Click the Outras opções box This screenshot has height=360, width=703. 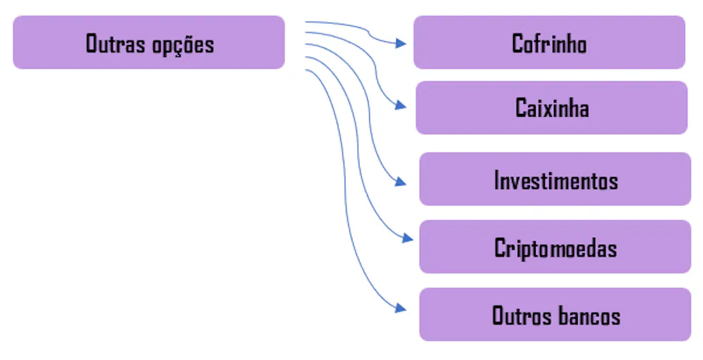click(x=148, y=42)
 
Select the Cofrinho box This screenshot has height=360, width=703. click(x=549, y=42)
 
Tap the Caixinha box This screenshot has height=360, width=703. click(x=551, y=108)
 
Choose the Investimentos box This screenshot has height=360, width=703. click(x=555, y=179)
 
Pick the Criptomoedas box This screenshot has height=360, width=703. click(x=555, y=247)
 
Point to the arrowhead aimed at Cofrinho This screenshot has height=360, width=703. click(x=401, y=44)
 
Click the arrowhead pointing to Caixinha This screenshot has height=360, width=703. click(x=401, y=105)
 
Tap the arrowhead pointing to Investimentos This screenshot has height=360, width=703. click(x=401, y=183)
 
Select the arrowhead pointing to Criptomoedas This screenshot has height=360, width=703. click(x=408, y=238)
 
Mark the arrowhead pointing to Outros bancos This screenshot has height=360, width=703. click(x=401, y=308)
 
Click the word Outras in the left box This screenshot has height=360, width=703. click(x=116, y=44)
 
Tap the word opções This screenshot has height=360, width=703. click(x=183, y=45)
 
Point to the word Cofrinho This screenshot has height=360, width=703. click(x=549, y=44)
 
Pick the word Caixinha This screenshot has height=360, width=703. click(x=552, y=108)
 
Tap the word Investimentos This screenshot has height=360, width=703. click(x=556, y=180)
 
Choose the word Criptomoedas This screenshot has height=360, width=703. click(x=555, y=248)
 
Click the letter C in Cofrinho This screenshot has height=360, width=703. click(x=517, y=44)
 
